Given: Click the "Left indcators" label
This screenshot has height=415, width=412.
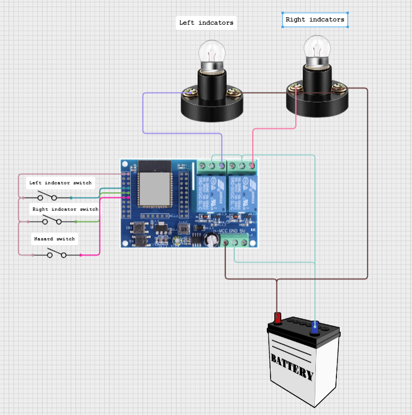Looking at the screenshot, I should (206, 23).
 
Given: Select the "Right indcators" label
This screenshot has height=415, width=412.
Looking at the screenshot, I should (315, 20).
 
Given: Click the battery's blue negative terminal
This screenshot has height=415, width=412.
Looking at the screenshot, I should (315, 326).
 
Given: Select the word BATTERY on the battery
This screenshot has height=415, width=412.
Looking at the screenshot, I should (292, 366).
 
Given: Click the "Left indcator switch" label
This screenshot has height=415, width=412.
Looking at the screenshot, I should (60, 183).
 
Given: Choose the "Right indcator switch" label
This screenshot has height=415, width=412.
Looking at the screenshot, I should (65, 209).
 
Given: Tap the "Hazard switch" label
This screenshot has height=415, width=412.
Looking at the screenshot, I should (55, 239).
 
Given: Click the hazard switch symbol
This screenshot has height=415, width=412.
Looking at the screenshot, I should (57, 254).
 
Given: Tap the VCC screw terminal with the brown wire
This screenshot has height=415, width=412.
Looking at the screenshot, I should (226, 242).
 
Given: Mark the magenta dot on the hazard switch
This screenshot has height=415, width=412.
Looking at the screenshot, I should (81, 254).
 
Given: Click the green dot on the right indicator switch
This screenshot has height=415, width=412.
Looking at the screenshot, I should (76, 222).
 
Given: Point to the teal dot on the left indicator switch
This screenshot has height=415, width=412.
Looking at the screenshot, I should (71, 198).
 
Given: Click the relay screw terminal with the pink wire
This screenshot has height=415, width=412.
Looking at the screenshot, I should (252, 165).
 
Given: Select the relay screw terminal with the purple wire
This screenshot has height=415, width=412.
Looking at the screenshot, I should (222, 165).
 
